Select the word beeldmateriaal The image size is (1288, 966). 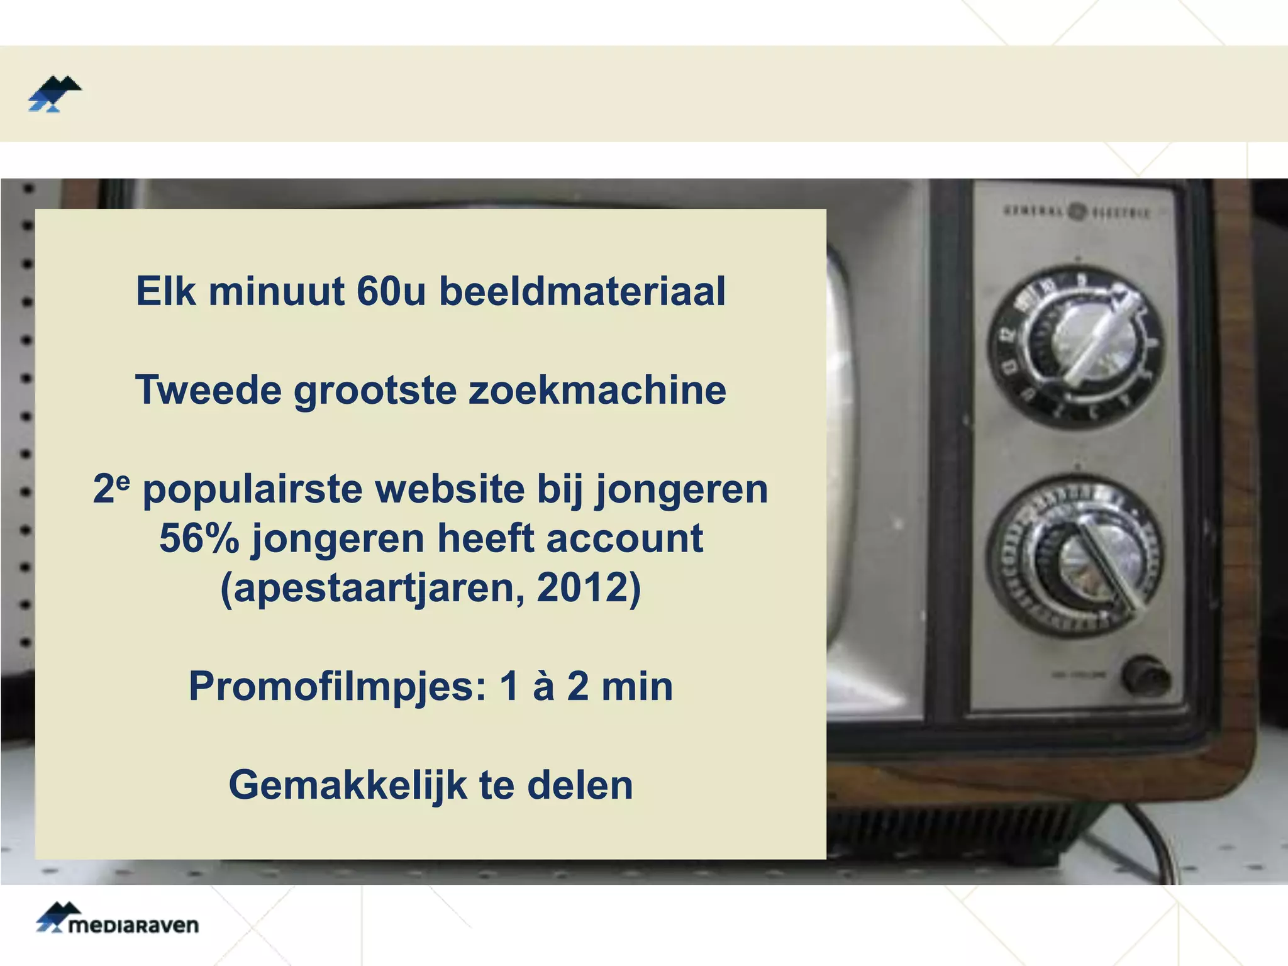pyautogui.click(x=582, y=292)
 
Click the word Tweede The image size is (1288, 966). pyautogui.click(x=208, y=390)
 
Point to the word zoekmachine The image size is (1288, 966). pyautogui.click(x=597, y=390)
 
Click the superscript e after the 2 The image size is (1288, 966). pyautogui.click(x=123, y=480)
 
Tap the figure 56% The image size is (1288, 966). pyautogui.click(x=199, y=538)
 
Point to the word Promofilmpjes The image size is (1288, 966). pyautogui.click(x=337, y=687)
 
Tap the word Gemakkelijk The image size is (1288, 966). pyautogui.click(x=348, y=786)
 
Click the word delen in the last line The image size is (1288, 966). pyautogui.click(x=580, y=785)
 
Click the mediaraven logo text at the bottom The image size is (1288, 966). pyautogui.click(x=133, y=926)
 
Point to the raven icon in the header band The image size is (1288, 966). pyautogui.click(x=55, y=94)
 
